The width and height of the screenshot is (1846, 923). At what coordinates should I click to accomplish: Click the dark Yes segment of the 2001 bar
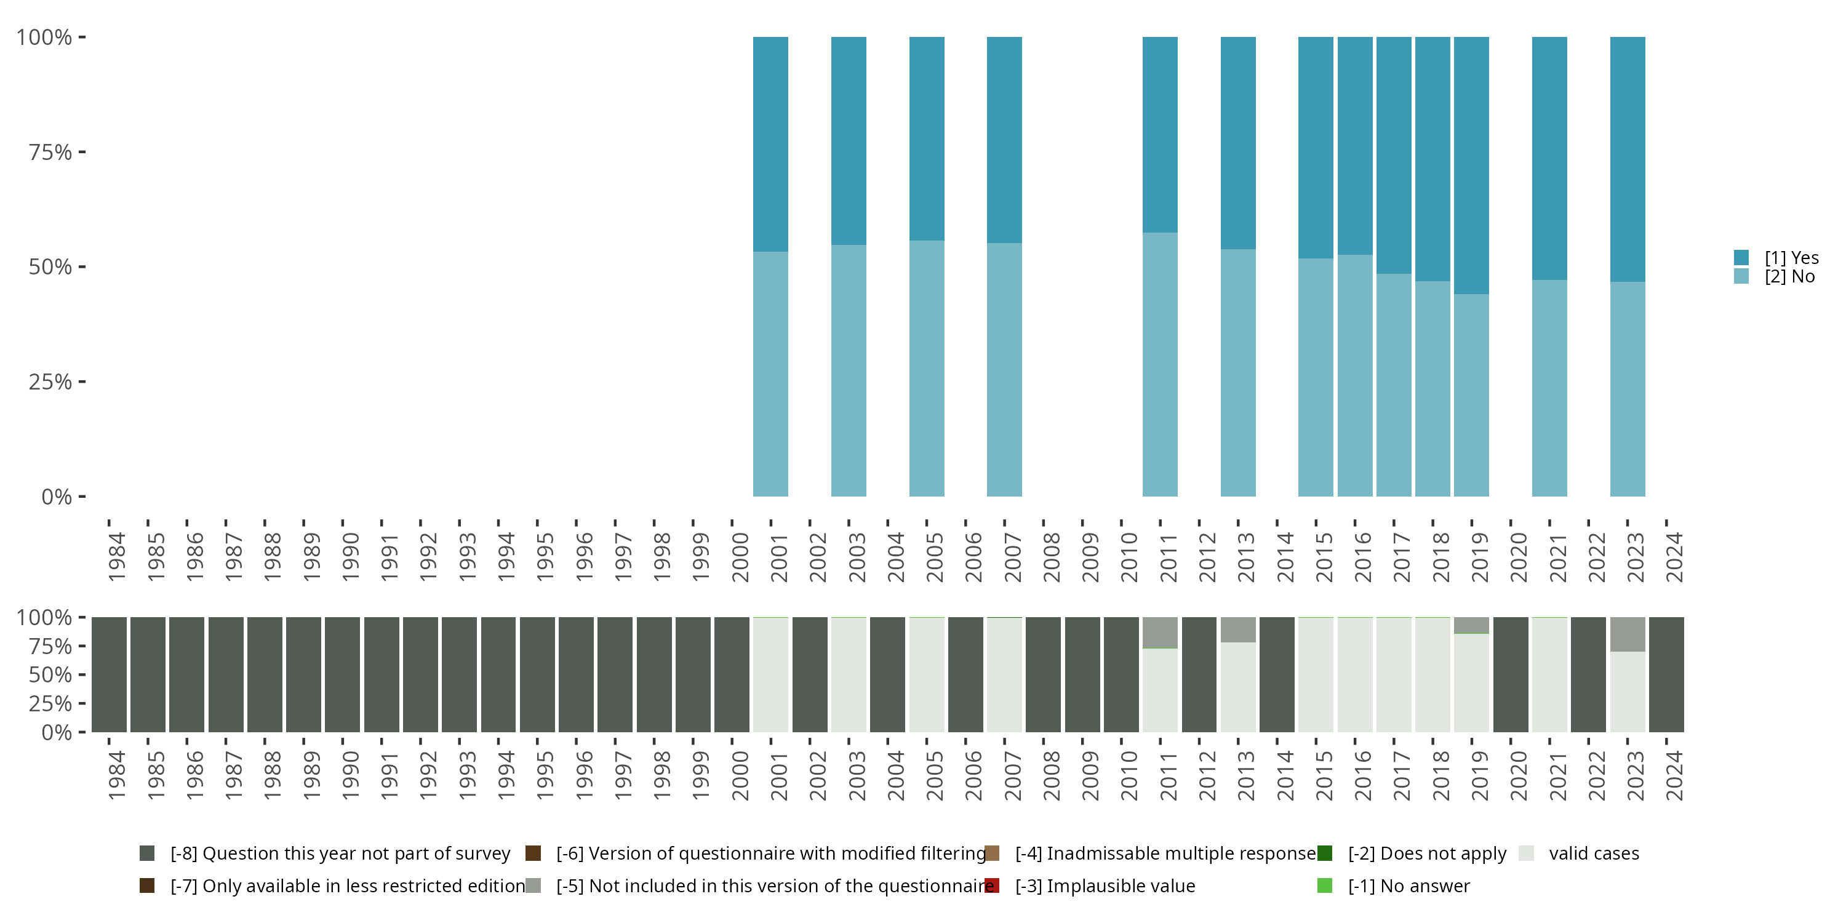click(770, 143)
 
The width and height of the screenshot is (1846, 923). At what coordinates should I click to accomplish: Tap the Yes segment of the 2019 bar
click(1471, 165)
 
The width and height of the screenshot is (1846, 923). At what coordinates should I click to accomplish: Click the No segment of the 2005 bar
click(927, 369)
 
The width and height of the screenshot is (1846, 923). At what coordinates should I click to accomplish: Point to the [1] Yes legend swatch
click(1741, 257)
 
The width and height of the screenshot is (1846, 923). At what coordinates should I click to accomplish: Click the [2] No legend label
click(1789, 277)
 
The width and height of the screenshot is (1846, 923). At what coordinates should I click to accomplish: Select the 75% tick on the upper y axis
click(51, 152)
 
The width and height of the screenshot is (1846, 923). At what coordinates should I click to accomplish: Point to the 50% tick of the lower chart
click(51, 675)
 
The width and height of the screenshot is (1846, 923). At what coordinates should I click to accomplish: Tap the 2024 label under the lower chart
click(1673, 776)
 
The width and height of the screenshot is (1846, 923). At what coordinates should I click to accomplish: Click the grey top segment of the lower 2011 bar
click(1159, 632)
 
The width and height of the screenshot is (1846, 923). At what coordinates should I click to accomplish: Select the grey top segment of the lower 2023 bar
click(1627, 634)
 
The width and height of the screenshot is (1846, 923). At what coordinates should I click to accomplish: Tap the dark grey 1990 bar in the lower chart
click(343, 674)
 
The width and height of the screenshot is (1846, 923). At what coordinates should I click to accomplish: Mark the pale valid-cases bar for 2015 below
click(1316, 674)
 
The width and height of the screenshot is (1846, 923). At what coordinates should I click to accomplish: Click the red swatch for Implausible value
click(992, 885)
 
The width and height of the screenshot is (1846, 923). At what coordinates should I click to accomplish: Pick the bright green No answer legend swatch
click(1324, 885)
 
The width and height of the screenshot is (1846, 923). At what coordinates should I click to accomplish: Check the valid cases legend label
click(1594, 853)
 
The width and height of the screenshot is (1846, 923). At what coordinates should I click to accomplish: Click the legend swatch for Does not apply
click(1324, 853)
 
